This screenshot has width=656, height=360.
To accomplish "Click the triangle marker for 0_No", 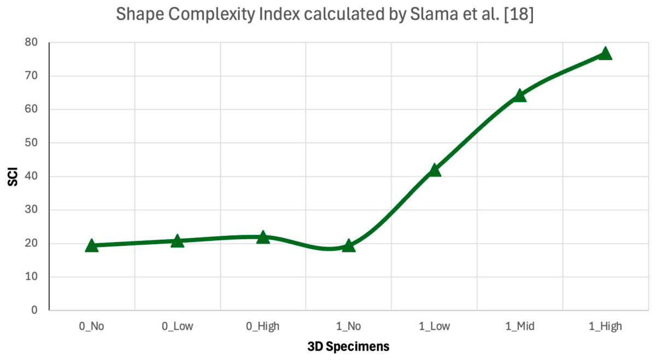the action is coord(92,245).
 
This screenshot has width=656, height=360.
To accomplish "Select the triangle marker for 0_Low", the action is coord(177,241).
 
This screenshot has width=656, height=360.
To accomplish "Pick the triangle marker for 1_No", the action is coord(349,245).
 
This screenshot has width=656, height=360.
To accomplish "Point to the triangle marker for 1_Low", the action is coord(434,170).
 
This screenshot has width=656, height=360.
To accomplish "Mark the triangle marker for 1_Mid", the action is coord(520,96).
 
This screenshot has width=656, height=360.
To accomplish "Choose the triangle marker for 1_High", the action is coord(605,54).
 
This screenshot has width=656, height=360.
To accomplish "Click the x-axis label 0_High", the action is coord(263,326).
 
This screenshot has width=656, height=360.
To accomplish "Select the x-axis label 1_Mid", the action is coord(520,326).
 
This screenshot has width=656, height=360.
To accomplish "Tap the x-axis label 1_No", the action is coord(349,326).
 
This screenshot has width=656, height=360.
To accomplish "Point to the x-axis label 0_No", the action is coord(91,326).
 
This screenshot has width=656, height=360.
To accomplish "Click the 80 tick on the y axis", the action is coord(31,43).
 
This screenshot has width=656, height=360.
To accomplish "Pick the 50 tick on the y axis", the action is coord(31,143).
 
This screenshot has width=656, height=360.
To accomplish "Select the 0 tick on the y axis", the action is coord(34,310).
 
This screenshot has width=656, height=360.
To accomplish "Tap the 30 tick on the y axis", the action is coord(31,210).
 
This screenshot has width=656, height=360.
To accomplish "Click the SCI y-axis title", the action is coord(13,177).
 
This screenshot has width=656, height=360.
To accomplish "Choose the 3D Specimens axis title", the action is coord(349,346).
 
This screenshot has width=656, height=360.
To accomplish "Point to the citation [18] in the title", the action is coord(519,14).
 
